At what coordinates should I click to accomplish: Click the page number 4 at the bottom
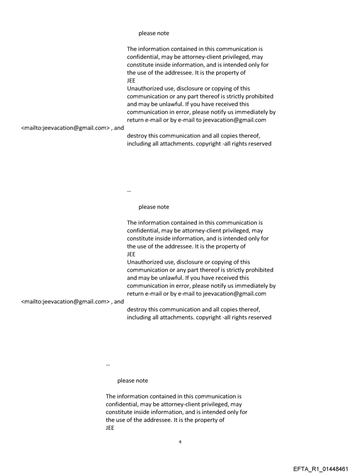click(180, 442)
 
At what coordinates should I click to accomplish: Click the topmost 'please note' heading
click(154, 33)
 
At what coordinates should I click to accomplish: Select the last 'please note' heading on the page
click(132, 380)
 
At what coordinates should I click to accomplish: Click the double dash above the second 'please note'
click(129, 191)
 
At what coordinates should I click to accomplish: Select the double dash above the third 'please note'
click(108, 365)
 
